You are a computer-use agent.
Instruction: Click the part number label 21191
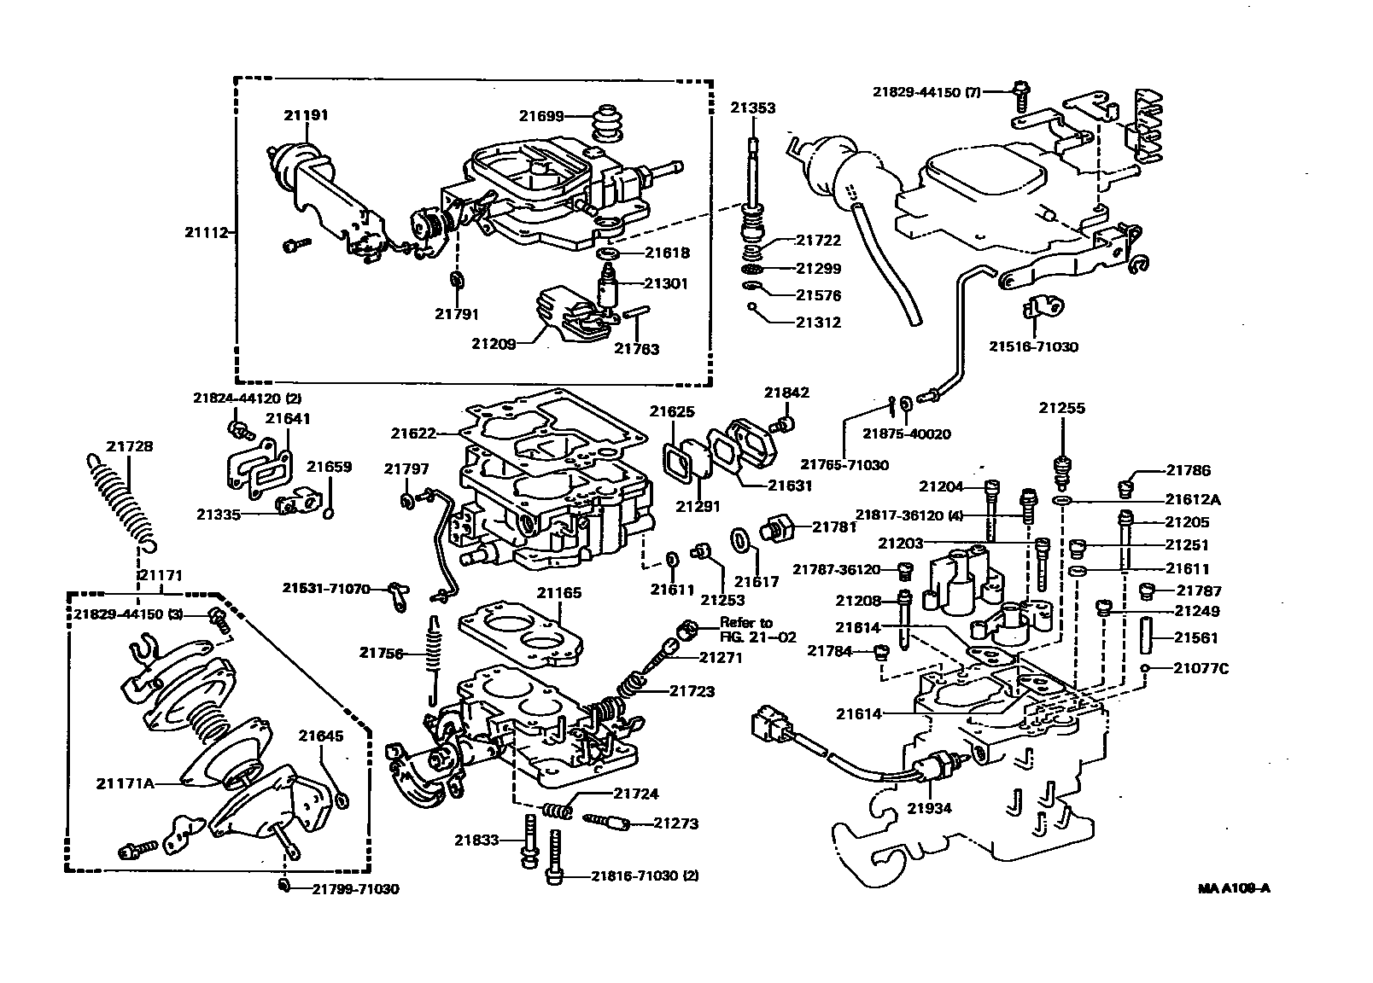[x=307, y=115]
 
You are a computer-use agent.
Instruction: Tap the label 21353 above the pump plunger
[x=752, y=108]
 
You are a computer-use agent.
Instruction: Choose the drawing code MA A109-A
[x=1234, y=888]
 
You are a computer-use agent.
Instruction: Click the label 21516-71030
[x=1033, y=347]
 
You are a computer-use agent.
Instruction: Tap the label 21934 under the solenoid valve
[x=929, y=808]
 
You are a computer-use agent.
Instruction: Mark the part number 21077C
[x=1201, y=668]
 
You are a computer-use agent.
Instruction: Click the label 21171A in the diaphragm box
[x=126, y=782]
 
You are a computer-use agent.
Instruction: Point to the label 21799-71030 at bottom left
[x=354, y=889]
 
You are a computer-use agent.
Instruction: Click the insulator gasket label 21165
[x=559, y=592]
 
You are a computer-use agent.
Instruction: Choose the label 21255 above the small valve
[x=1061, y=409]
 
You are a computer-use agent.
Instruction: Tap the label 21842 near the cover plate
[x=786, y=393]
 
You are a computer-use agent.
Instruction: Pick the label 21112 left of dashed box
[x=206, y=231]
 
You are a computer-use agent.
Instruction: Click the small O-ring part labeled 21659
[x=329, y=513]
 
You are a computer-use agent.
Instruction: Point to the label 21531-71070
[x=327, y=589]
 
